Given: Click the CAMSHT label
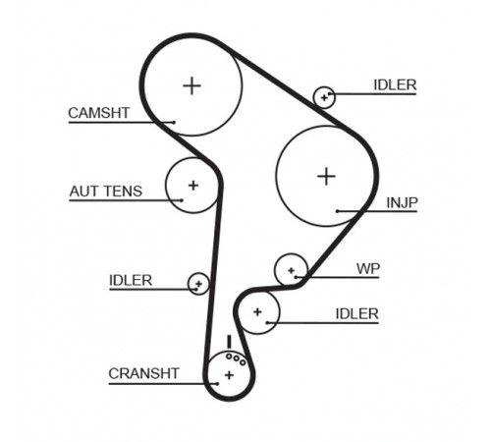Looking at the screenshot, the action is tap(98, 113).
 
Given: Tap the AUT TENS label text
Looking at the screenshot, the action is tap(106, 192).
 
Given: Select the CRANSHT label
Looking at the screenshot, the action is tap(143, 373).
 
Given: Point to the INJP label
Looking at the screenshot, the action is tap(402, 203).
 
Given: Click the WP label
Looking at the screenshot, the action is tap(368, 269).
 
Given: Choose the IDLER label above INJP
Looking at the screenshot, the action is tap(395, 85).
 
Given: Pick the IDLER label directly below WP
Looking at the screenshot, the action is tap(357, 314).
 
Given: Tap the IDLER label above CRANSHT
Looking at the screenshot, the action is tap(131, 281).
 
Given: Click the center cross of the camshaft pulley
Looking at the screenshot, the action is tap(191, 86).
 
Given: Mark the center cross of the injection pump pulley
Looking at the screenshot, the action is tap(326, 177).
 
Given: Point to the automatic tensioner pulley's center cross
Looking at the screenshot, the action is tap(193, 186).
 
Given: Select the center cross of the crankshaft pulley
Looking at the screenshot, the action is tap(229, 375).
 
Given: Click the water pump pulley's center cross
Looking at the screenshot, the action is tap(292, 270).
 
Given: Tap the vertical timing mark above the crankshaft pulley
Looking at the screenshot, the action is tap(229, 342).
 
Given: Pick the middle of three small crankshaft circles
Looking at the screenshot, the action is tap(236, 359).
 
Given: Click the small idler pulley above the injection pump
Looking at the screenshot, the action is tap(324, 97).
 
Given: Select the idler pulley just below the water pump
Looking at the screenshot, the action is tap(258, 312).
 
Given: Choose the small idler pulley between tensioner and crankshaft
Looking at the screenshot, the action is tap(198, 284).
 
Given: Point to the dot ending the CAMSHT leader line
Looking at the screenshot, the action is tap(174, 123).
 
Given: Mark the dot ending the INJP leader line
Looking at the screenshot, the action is tap(337, 211).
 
